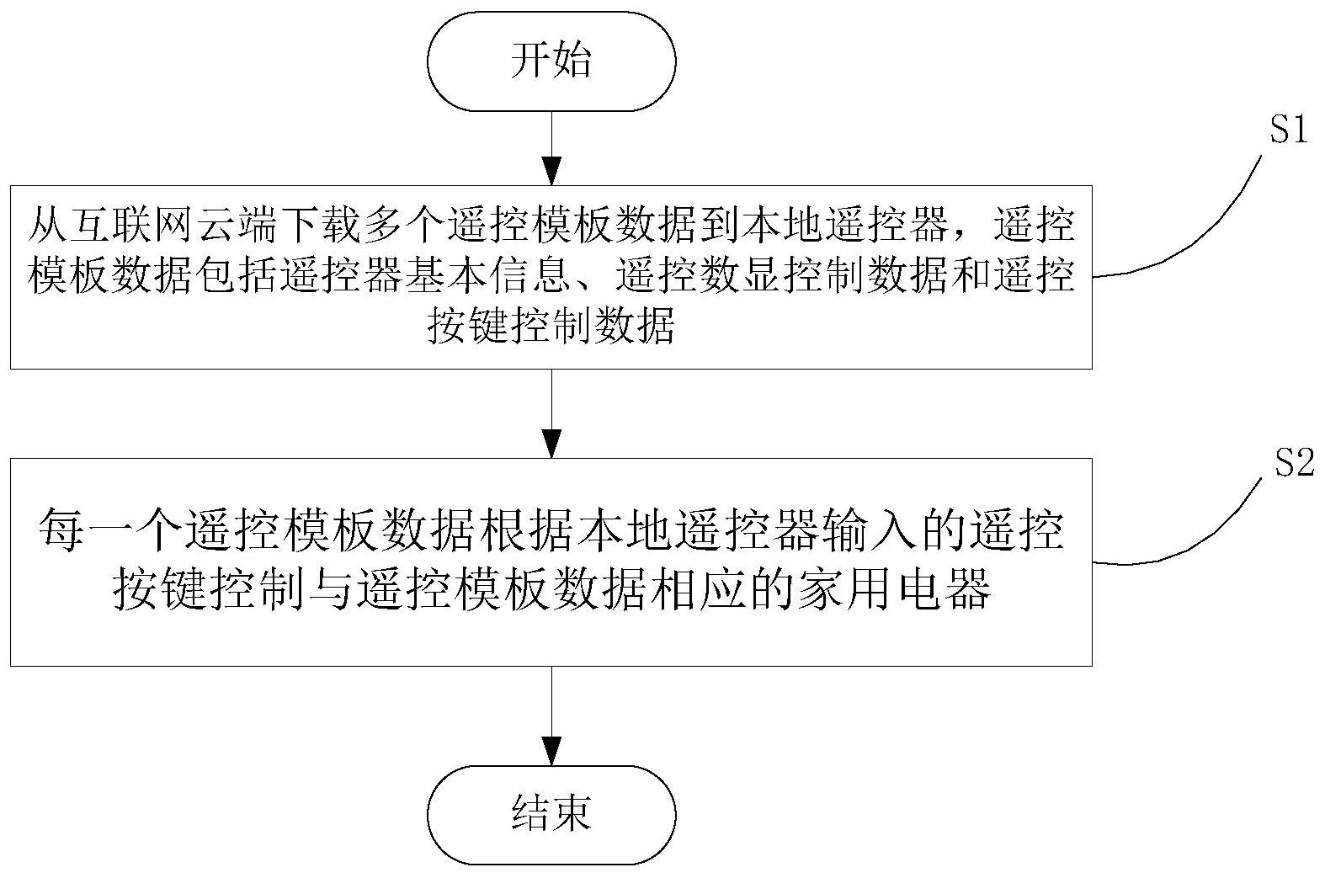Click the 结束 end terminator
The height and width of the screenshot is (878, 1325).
point(551,814)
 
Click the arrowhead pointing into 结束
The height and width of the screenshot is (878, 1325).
point(551,750)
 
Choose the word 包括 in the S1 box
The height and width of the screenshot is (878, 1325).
point(234,277)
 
